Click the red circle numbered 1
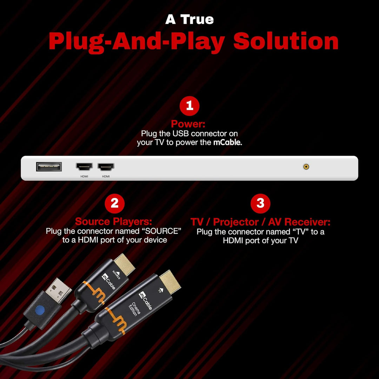coord(189,106)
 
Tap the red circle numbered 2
coord(114,203)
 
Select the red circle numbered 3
coord(260,203)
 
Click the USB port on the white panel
coord(49,167)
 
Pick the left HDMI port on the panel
coord(84,167)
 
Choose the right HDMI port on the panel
coord(106,167)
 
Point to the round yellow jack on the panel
coord(306,167)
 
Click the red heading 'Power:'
coord(188,124)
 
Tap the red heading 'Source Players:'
coord(114,221)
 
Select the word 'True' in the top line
coord(197,19)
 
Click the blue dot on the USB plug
coord(40,310)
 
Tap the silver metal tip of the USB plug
coord(58,290)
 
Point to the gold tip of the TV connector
coord(170,281)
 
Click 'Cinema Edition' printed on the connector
coord(134,309)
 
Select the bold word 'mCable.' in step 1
coord(227,142)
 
